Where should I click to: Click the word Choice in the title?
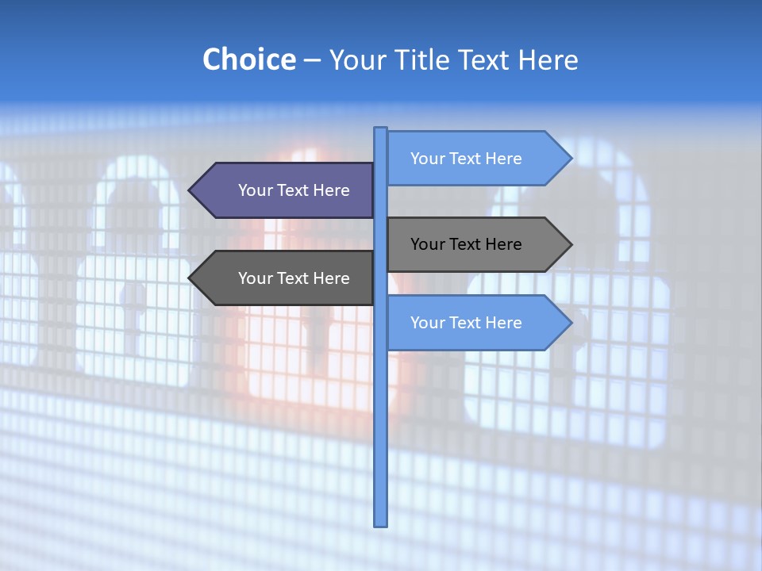pyautogui.click(x=248, y=59)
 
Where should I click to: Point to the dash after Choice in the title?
pyautogui.click(x=312, y=60)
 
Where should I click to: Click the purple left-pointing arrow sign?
pyautogui.click(x=286, y=190)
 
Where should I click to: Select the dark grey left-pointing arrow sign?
pyautogui.click(x=286, y=278)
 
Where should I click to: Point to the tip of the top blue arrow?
pyautogui.click(x=571, y=159)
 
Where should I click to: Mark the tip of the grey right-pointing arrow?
pyautogui.click(x=571, y=244)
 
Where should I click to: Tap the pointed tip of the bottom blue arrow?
pyautogui.click(x=571, y=323)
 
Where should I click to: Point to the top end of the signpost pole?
pyautogui.click(x=380, y=129)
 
